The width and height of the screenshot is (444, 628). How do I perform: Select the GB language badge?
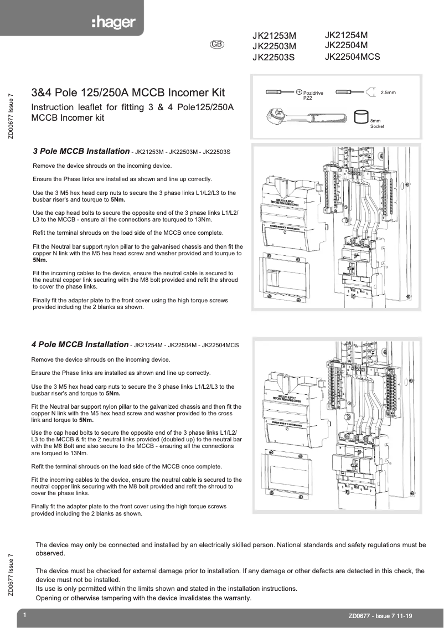click(x=217, y=44)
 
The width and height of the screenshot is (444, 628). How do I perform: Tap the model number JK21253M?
click(x=274, y=36)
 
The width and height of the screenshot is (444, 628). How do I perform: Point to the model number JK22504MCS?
click(x=352, y=56)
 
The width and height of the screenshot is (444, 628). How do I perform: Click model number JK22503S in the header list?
click(x=273, y=56)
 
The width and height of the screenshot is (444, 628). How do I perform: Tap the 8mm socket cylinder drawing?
click(x=361, y=117)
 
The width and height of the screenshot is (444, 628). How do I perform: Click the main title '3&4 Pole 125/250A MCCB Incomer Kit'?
click(x=128, y=92)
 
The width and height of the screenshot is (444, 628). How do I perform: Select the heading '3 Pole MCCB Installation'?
click(x=81, y=151)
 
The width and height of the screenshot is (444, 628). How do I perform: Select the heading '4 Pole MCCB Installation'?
click(x=80, y=344)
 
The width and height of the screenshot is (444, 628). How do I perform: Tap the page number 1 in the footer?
click(x=25, y=615)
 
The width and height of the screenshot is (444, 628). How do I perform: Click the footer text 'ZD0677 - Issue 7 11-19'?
click(x=380, y=616)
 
